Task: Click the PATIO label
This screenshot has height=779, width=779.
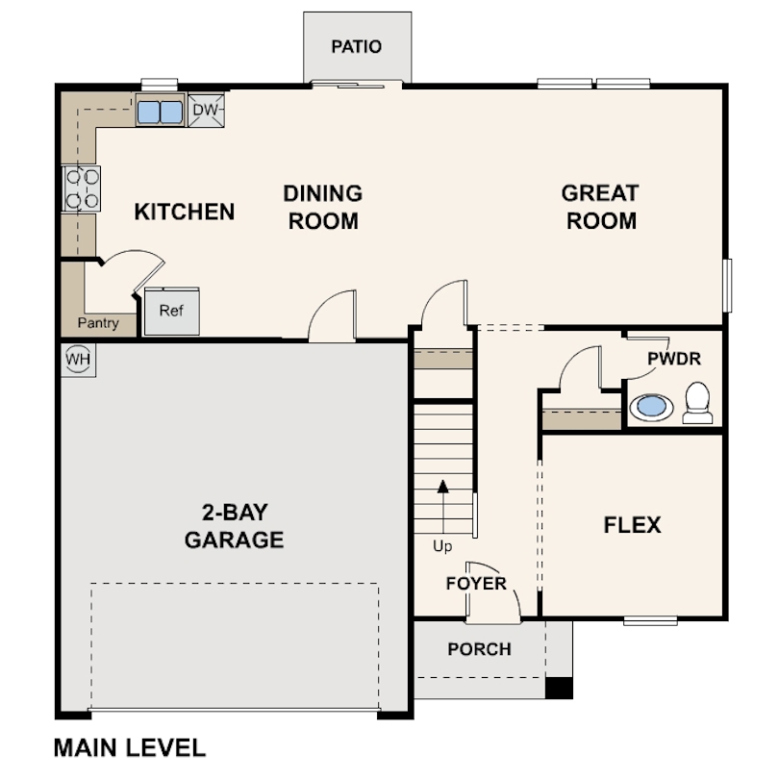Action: [356, 46]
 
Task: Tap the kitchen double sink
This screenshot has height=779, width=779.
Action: [160, 113]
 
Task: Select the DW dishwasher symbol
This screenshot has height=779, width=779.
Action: [206, 111]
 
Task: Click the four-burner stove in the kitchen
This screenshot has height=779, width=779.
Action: [81, 188]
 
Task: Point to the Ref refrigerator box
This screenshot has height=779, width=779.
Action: [171, 311]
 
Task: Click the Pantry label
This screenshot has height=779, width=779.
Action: [98, 323]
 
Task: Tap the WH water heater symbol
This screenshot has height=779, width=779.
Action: [76, 360]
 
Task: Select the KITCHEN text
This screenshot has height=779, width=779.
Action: [184, 212]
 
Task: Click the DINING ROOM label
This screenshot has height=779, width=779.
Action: [323, 207]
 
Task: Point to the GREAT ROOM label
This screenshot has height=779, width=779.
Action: [600, 207]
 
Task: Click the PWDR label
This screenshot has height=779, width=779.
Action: [673, 360]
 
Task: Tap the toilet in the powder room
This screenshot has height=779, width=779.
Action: [697, 403]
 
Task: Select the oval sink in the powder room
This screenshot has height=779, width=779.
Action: [651, 407]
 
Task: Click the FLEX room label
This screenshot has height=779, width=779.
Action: [632, 525]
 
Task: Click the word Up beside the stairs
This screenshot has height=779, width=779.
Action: [442, 547]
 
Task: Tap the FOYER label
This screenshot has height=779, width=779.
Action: [475, 584]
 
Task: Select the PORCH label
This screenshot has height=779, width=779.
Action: [479, 649]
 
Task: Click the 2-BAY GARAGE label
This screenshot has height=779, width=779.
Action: [234, 526]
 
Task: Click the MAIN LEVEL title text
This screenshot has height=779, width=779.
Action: [129, 747]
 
